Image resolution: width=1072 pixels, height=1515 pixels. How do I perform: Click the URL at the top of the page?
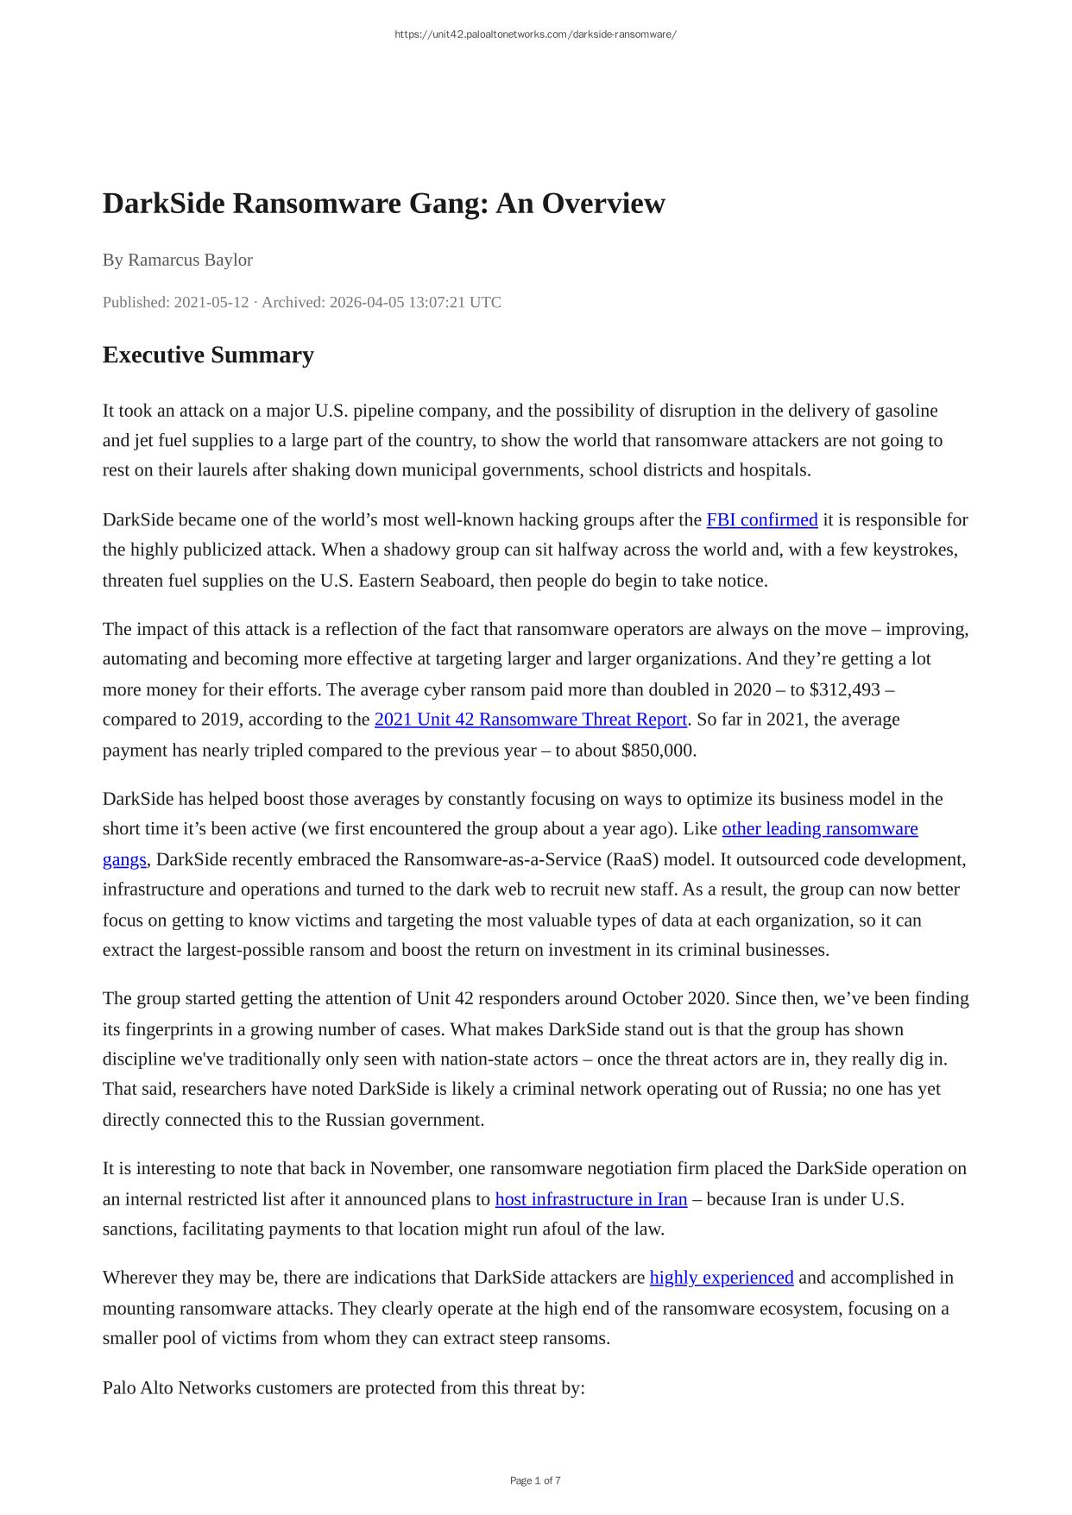[x=535, y=35]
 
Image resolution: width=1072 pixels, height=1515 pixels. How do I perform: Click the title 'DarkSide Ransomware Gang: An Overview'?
[x=383, y=204]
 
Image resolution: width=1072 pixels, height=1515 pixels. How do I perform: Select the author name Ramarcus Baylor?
[x=190, y=260]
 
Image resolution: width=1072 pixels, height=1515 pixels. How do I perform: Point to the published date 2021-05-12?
[x=211, y=302]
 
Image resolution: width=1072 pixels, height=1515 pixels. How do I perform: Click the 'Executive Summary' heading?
[x=208, y=355]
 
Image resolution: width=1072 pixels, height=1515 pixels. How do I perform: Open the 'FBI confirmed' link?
[x=761, y=519]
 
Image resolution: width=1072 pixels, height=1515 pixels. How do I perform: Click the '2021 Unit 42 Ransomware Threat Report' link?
[x=530, y=719]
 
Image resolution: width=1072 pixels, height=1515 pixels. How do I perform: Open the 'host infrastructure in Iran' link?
[x=590, y=1198]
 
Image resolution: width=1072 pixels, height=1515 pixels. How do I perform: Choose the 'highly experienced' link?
[x=721, y=1277]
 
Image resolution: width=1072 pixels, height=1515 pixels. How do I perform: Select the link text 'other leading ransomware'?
[x=819, y=828]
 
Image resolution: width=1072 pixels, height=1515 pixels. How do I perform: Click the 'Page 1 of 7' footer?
[x=535, y=1480]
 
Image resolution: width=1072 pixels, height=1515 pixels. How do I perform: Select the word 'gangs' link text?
[x=124, y=859]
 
